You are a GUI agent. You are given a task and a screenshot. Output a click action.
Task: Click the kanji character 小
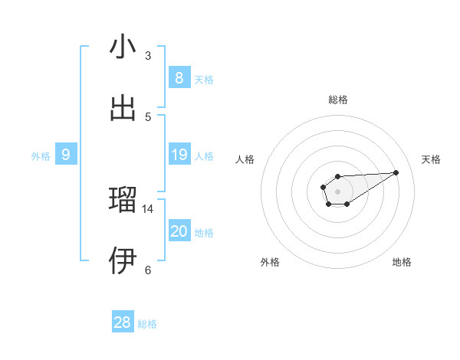(123, 47)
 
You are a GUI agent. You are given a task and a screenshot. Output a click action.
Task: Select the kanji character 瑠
(123, 201)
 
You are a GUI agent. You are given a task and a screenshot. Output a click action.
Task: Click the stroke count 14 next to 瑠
(148, 208)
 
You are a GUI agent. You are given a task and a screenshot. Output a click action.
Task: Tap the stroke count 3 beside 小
(148, 56)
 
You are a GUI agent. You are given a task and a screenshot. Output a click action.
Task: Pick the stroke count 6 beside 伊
(148, 270)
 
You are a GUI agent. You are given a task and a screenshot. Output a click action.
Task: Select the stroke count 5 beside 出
(148, 116)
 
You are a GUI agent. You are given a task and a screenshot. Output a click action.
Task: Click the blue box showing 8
(179, 77)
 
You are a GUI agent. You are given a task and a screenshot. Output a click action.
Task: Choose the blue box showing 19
(179, 155)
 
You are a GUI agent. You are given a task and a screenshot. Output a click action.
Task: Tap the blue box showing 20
(179, 231)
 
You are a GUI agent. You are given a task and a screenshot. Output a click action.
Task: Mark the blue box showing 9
(66, 155)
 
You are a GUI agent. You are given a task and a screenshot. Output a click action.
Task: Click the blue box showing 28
(123, 322)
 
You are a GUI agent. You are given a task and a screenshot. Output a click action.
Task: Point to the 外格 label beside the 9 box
(41, 156)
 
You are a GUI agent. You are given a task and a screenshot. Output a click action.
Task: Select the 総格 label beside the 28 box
(148, 324)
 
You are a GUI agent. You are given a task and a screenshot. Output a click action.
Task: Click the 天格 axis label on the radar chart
(431, 159)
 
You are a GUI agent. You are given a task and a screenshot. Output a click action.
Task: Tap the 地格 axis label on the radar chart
(402, 262)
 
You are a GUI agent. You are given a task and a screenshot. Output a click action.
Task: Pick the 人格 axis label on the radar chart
(245, 159)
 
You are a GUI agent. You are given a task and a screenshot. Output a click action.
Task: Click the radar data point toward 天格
(396, 172)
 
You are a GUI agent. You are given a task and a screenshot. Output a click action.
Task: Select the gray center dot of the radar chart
(337, 191)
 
